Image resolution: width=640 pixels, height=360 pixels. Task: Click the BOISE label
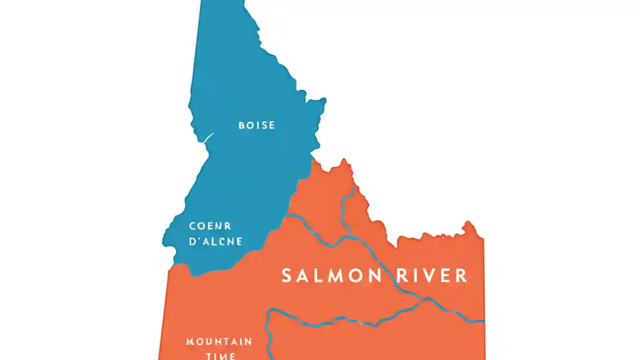coord(256,125)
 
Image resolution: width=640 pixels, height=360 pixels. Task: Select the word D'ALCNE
coord(215,241)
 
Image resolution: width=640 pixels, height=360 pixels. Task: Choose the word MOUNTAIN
coord(219,342)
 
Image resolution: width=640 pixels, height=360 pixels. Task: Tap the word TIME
coord(220,356)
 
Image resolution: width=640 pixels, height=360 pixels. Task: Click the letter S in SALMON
coord(287,275)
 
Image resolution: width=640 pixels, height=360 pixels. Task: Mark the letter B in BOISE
coord(242,125)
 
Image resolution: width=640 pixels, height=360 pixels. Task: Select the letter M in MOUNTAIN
coord(190,342)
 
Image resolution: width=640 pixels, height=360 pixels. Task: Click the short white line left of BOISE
coord(208,137)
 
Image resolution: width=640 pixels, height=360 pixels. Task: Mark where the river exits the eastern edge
coord(483,320)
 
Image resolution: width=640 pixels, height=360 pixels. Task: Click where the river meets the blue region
coord(288,215)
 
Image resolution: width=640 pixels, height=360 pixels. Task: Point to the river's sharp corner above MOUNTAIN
coord(269,311)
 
